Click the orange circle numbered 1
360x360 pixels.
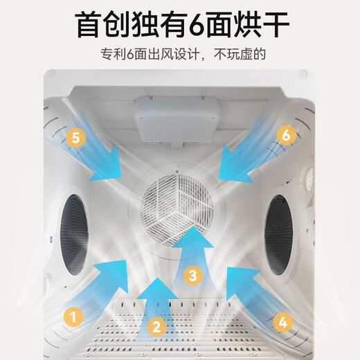click(x=73, y=316)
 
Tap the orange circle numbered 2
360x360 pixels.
click(x=157, y=327)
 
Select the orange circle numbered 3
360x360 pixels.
click(x=193, y=276)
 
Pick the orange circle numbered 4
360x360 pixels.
click(x=283, y=322)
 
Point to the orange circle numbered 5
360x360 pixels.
click(x=76, y=138)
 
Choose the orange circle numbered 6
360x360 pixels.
click(x=286, y=135)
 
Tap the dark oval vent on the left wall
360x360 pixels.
click(x=74, y=235)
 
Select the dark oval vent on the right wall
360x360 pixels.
click(x=278, y=235)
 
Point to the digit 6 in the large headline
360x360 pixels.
click(x=197, y=26)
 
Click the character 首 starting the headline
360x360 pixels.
click(x=89, y=25)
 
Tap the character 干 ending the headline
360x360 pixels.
click(x=275, y=25)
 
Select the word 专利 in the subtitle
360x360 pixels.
click(x=114, y=55)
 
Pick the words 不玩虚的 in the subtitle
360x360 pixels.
click(x=240, y=55)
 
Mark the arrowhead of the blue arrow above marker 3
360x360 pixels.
click(x=193, y=237)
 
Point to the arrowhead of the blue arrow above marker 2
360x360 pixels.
click(x=157, y=289)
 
